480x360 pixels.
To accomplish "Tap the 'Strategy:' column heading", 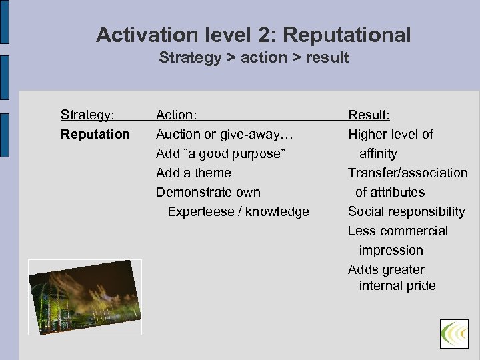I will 87,115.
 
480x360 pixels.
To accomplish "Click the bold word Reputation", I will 95,134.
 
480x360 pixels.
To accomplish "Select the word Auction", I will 178,134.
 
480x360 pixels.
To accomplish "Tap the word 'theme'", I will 213,173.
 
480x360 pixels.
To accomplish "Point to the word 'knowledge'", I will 277,211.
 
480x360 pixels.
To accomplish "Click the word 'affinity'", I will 378,153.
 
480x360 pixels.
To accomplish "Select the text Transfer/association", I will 407,173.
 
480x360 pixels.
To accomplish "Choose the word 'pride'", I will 420,285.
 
